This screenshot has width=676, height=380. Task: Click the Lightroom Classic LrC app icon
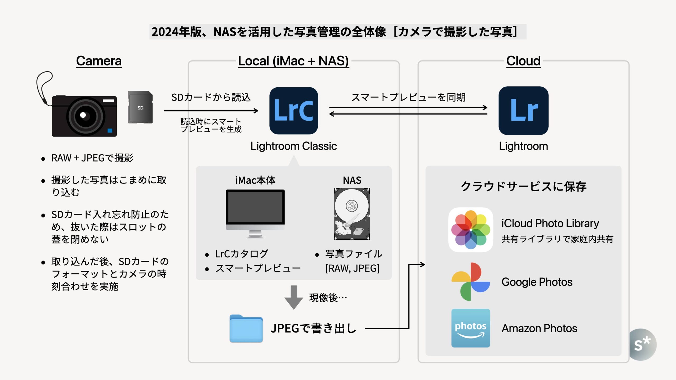click(294, 111)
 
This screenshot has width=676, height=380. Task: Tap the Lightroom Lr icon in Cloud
click(523, 111)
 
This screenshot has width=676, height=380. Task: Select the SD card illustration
click(140, 107)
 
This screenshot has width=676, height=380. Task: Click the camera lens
click(84, 116)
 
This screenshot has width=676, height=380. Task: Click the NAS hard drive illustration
click(352, 214)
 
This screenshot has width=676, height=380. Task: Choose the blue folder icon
click(246, 329)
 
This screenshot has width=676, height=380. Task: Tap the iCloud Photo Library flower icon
click(471, 230)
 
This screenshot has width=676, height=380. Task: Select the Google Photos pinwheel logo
click(471, 282)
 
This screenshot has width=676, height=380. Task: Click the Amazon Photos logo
click(471, 328)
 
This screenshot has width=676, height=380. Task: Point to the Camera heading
click(99, 61)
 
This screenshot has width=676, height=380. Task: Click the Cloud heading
click(523, 61)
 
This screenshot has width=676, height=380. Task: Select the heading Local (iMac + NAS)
click(293, 61)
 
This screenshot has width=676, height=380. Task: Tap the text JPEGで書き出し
click(313, 329)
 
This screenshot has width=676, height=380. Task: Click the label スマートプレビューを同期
click(408, 97)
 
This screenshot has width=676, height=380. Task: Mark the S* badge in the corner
click(642, 344)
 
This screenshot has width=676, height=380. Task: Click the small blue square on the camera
click(110, 130)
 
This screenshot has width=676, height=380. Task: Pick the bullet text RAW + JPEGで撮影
click(92, 158)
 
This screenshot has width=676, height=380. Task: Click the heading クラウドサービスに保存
click(523, 187)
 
